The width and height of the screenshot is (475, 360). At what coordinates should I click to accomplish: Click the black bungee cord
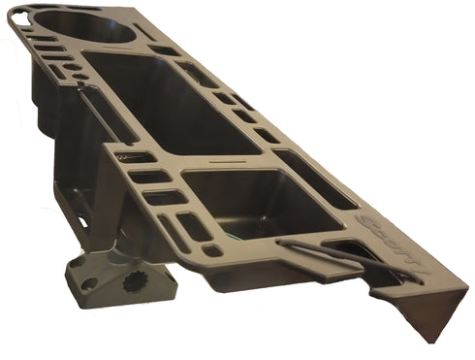[x=349, y=257]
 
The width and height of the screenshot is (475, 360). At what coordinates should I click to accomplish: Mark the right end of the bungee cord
[x=423, y=281]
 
